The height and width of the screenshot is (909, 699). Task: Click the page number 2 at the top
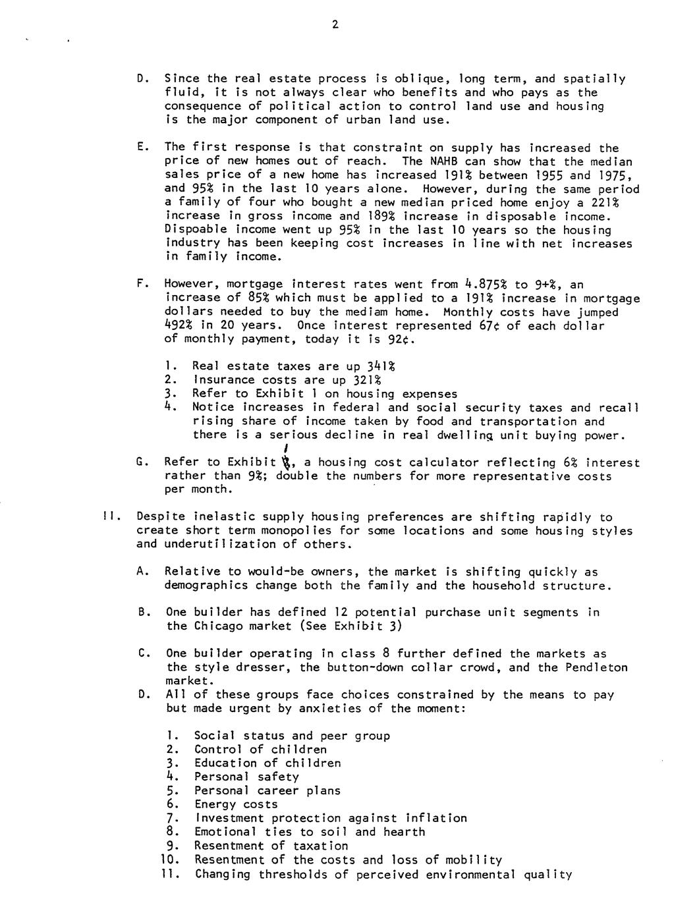pyautogui.click(x=335, y=25)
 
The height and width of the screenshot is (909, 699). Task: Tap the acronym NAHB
pyautogui.click(x=445, y=161)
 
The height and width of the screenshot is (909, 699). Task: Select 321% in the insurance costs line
pyautogui.click(x=366, y=380)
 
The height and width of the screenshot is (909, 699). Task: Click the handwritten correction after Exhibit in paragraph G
pyautogui.click(x=285, y=458)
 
